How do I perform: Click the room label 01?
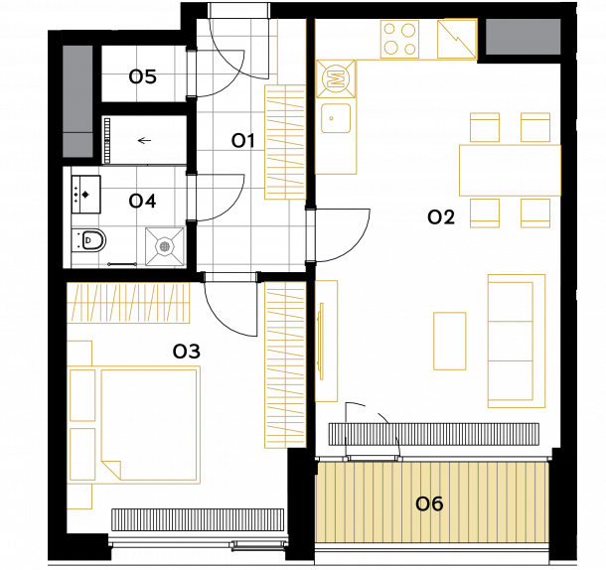[x=242, y=141]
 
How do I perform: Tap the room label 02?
[x=441, y=217]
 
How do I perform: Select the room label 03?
[x=187, y=352]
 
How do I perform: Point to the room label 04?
[x=142, y=201]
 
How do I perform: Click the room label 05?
[x=143, y=76]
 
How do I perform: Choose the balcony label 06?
[x=429, y=503]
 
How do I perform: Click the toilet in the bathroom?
[x=89, y=240]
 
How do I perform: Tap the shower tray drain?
[x=165, y=246]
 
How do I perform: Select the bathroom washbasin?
[x=85, y=195]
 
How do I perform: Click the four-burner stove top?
[x=399, y=39]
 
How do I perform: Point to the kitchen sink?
[x=336, y=118]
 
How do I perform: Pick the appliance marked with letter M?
[x=336, y=78]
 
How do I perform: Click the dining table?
[x=510, y=170]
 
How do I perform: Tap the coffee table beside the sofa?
[x=449, y=342]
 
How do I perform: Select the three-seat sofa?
[x=517, y=341]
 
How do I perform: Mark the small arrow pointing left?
[x=144, y=140]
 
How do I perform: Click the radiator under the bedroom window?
[x=198, y=519]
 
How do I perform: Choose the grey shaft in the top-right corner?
[x=523, y=37]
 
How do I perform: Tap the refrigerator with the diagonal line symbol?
[x=456, y=39]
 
